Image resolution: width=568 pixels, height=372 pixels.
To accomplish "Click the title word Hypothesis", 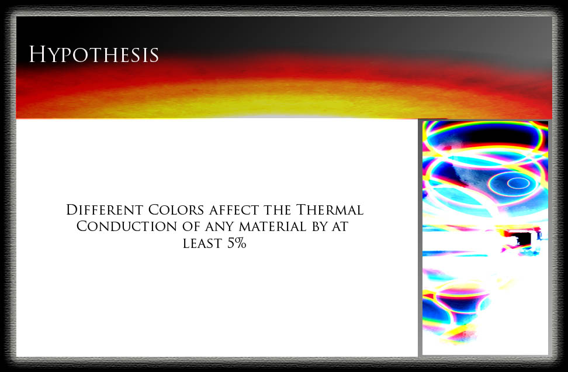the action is (93, 55).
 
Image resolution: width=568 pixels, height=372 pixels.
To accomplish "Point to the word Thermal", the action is (330, 210).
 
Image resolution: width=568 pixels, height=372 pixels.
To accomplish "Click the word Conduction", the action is (127, 226).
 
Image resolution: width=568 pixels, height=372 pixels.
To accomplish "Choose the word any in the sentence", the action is (220, 228).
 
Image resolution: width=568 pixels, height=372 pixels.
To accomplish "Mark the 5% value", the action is (237, 243).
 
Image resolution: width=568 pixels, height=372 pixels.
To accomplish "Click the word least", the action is (203, 243).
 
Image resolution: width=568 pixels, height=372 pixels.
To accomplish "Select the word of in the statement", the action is (191, 226).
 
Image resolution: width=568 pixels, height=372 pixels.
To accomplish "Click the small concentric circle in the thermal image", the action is (518, 183).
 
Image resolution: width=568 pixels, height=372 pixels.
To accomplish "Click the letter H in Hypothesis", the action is (36, 55).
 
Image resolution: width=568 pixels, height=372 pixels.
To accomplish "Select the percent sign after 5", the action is (241, 243).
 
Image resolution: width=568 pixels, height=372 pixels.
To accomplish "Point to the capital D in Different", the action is (72, 210).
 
